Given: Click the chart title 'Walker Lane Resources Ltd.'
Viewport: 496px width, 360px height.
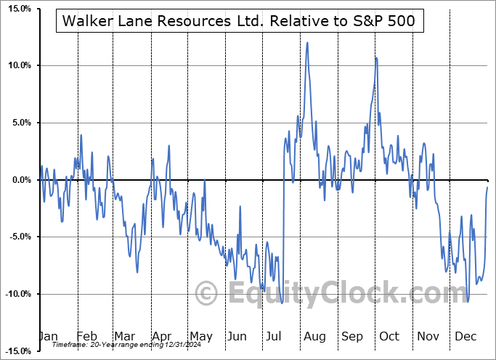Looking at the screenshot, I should pos(239,21).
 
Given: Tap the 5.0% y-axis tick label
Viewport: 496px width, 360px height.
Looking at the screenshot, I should pos(18,123).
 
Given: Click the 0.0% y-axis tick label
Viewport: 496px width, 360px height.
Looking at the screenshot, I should pos(18,180).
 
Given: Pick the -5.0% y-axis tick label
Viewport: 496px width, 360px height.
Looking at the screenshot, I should pos(17,237).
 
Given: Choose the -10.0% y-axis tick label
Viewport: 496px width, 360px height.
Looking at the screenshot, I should pos(15,294).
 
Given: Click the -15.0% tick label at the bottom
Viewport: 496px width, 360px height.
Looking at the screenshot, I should pos(15,351).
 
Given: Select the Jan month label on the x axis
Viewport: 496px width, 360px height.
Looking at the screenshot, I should pos(47,336).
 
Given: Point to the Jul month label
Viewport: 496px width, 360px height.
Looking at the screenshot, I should pos(275,336).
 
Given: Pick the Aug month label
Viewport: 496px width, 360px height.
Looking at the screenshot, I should pos(314,336).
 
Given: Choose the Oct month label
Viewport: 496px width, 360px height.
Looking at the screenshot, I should pos(390,336).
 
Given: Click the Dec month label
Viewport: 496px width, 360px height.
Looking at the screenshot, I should pos(466,336).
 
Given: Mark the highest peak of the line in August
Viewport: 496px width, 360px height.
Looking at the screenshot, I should pos(308,42).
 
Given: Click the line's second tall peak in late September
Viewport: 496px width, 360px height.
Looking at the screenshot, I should pos(375,57).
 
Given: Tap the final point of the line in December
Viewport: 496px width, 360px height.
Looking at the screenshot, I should pos(487,187).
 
